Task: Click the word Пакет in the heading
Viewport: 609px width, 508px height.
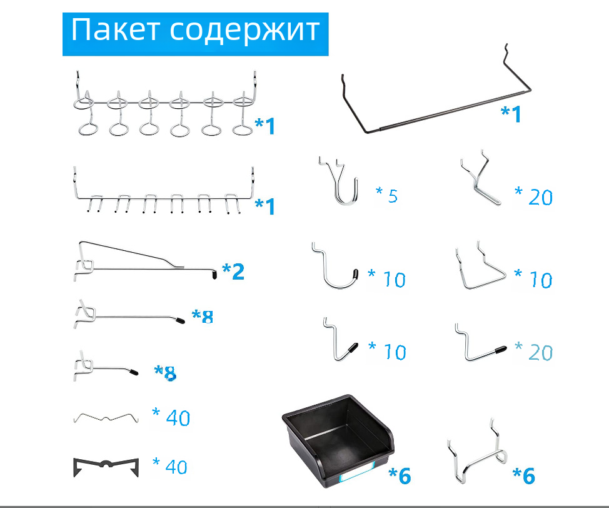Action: [x=115, y=30]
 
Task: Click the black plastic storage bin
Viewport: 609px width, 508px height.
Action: [x=338, y=441]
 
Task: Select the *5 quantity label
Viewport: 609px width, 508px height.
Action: [x=387, y=195]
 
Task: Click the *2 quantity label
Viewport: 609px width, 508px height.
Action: [x=233, y=272]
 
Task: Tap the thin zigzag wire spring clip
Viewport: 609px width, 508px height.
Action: [x=106, y=418]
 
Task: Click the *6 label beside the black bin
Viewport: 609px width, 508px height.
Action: [x=400, y=475]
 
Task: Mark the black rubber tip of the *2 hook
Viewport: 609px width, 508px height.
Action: [x=214, y=275]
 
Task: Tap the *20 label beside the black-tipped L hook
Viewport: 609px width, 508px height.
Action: [x=533, y=352]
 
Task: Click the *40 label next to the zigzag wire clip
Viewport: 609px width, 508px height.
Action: [x=171, y=417]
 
